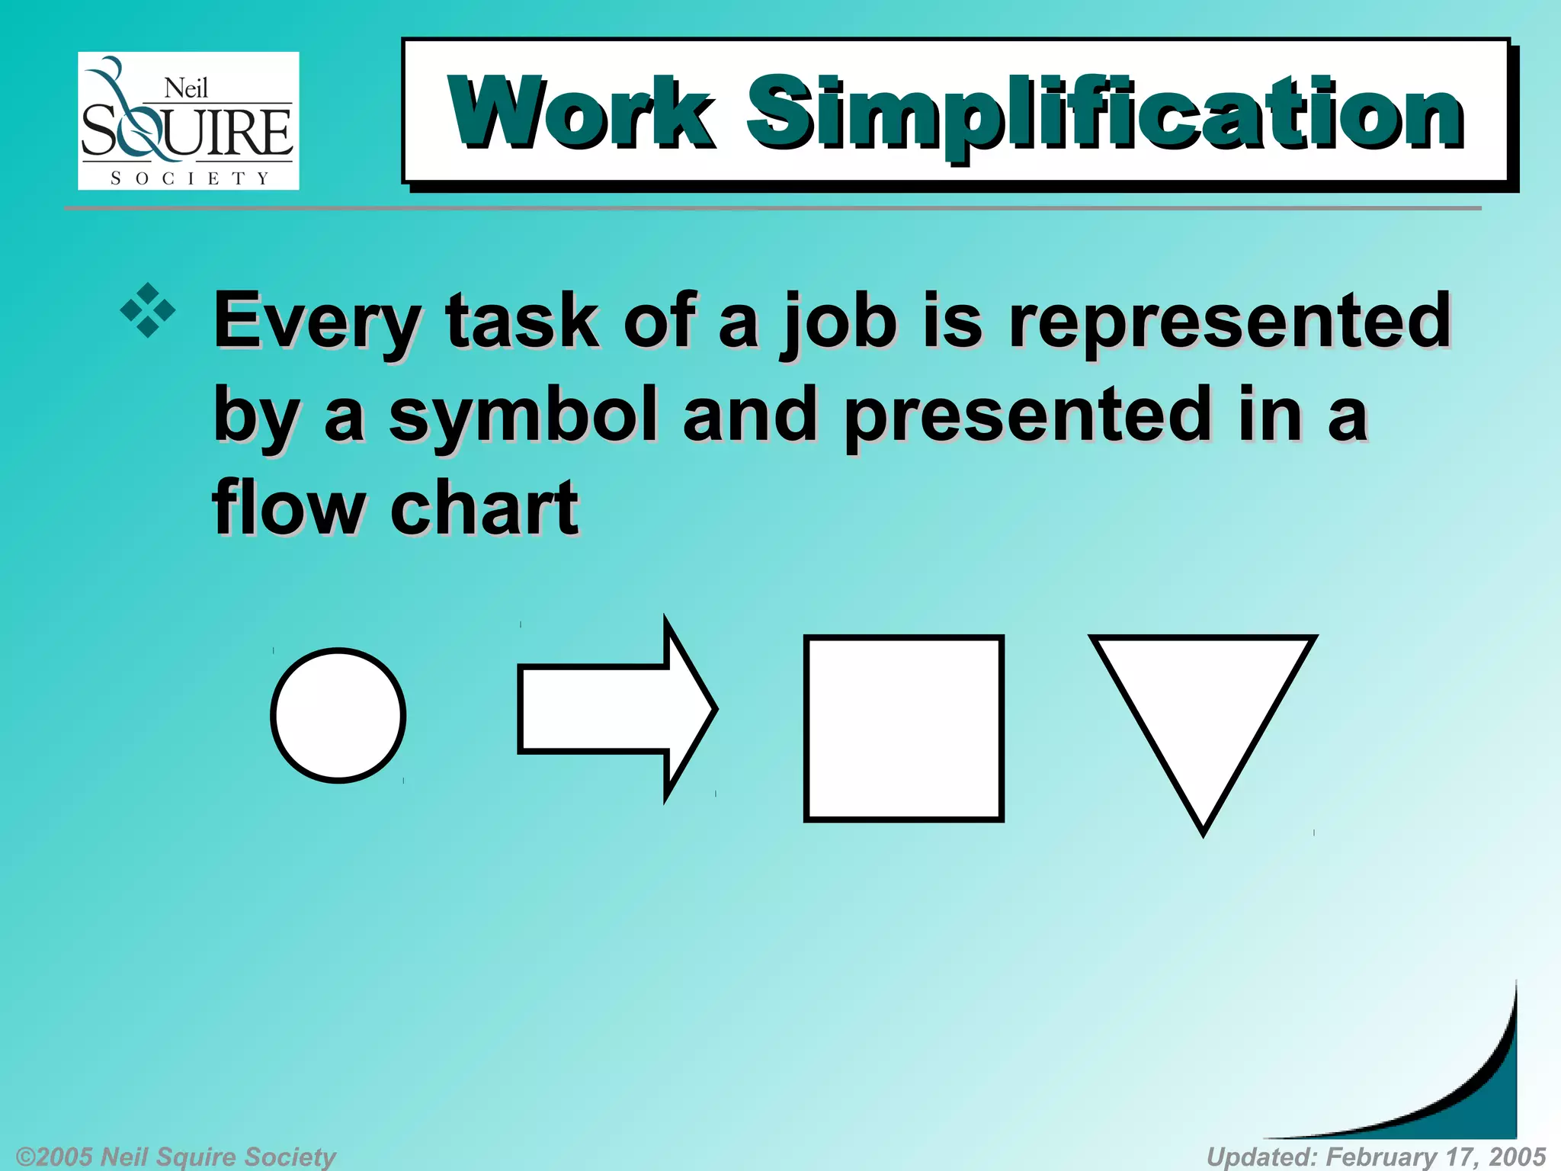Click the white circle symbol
338,715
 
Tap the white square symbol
903,728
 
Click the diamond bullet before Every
148,310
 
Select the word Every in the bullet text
316,322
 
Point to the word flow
289,509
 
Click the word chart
485,509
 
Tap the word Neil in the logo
186,89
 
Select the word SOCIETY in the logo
190,178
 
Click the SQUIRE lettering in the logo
187,131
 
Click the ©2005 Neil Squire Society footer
176,1157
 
